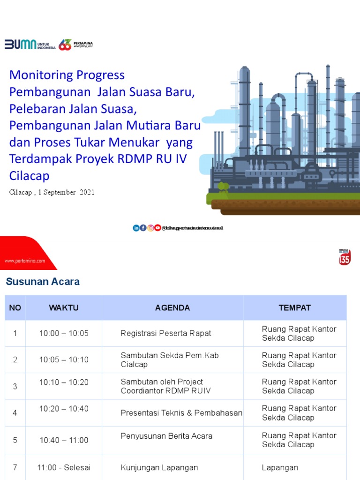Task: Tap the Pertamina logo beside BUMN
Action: click(x=75, y=45)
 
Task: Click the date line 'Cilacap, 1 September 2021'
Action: click(x=52, y=192)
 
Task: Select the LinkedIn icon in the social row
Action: click(x=136, y=228)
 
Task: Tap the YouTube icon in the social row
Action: click(x=157, y=228)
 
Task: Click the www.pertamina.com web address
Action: click(x=25, y=260)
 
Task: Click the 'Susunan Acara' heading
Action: click(x=43, y=282)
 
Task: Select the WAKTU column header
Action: click(x=64, y=308)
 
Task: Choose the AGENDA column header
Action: click(x=172, y=308)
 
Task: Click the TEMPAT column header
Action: click(x=294, y=308)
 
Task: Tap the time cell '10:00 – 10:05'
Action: click(x=64, y=333)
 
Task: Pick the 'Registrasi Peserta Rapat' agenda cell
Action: click(x=166, y=333)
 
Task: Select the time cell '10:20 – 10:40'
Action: click(x=64, y=409)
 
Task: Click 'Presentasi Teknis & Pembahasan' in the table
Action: click(x=181, y=413)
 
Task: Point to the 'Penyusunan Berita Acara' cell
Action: click(x=166, y=436)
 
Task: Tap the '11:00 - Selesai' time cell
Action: click(x=64, y=467)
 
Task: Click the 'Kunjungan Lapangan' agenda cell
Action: click(x=159, y=467)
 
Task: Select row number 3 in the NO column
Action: click(x=15, y=386)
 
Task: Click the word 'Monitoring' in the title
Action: click(x=42, y=75)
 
